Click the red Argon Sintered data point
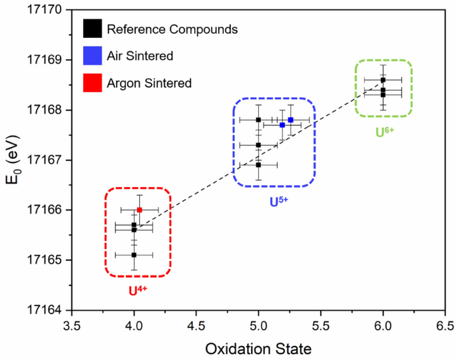tap(139, 210)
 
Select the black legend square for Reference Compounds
tap(92, 29)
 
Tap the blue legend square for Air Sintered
tap(92, 56)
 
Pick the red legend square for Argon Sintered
tap(92, 83)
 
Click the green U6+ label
tap(385, 132)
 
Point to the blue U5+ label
tap(278, 200)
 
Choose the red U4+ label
tap(138, 290)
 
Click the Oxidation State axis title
tap(258, 348)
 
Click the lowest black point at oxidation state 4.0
tap(134, 254)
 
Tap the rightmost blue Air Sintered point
tap(291, 120)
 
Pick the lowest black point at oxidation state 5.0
tap(258, 164)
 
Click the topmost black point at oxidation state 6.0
tap(383, 80)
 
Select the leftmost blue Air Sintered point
tap(282, 124)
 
